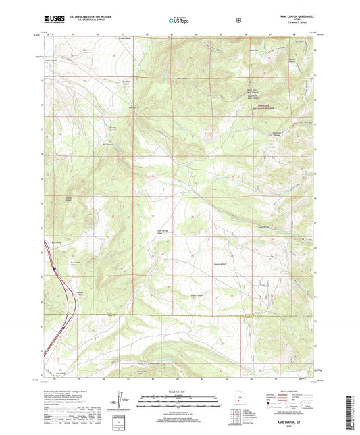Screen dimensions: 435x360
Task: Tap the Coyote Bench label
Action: [x=219, y=264]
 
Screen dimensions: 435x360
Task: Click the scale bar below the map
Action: [x=180, y=405]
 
